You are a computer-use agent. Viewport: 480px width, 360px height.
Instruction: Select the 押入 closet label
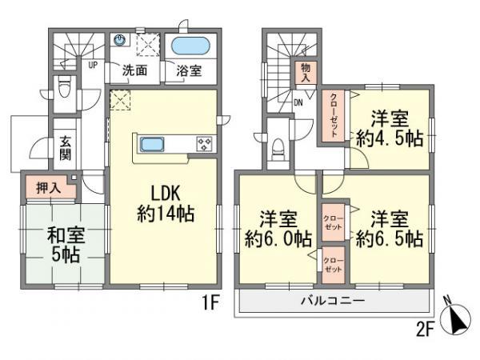tap(47, 188)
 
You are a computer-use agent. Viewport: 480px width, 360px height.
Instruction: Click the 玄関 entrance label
tap(65, 147)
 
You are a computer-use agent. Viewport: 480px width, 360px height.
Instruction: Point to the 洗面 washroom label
tap(134, 70)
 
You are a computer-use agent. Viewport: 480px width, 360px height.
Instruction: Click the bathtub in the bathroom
tap(190, 46)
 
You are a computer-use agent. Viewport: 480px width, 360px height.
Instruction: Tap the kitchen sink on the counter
tap(153, 145)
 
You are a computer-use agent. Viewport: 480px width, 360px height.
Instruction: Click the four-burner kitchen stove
tap(204, 145)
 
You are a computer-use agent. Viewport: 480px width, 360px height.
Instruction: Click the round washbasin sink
tap(121, 39)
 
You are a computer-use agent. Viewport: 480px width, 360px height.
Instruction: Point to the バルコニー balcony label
tap(333, 301)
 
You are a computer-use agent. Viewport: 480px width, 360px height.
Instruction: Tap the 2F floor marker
tap(426, 327)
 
